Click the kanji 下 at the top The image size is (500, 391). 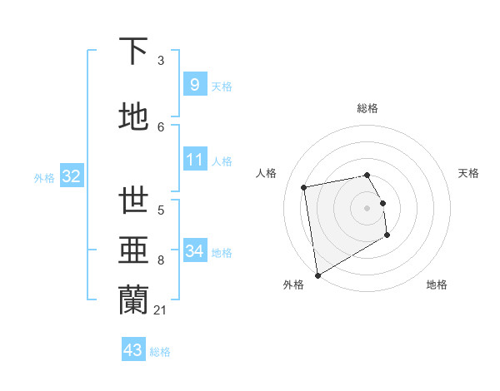tap(133, 51)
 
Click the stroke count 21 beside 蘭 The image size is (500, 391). tap(161, 310)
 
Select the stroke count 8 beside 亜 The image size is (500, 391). tap(161, 260)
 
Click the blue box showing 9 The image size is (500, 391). tap(194, 84)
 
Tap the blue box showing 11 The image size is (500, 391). tap(194, 160)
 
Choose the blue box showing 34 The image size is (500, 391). tap(194, 251)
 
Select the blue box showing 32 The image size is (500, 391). tap(71, 176)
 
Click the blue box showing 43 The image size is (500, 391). tap(133, 350)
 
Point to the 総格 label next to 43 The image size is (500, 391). tap(160, 352)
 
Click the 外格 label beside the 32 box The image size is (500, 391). tap(45, 177)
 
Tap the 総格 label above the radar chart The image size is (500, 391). tap(367, 108)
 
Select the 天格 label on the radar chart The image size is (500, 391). tap(468, 173)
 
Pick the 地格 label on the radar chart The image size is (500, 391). tap(437, 285)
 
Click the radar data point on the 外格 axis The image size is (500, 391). tap(317, 275)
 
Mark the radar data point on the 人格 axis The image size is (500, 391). tap(304, 187)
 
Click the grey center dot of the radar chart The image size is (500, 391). tap(367, 207)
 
